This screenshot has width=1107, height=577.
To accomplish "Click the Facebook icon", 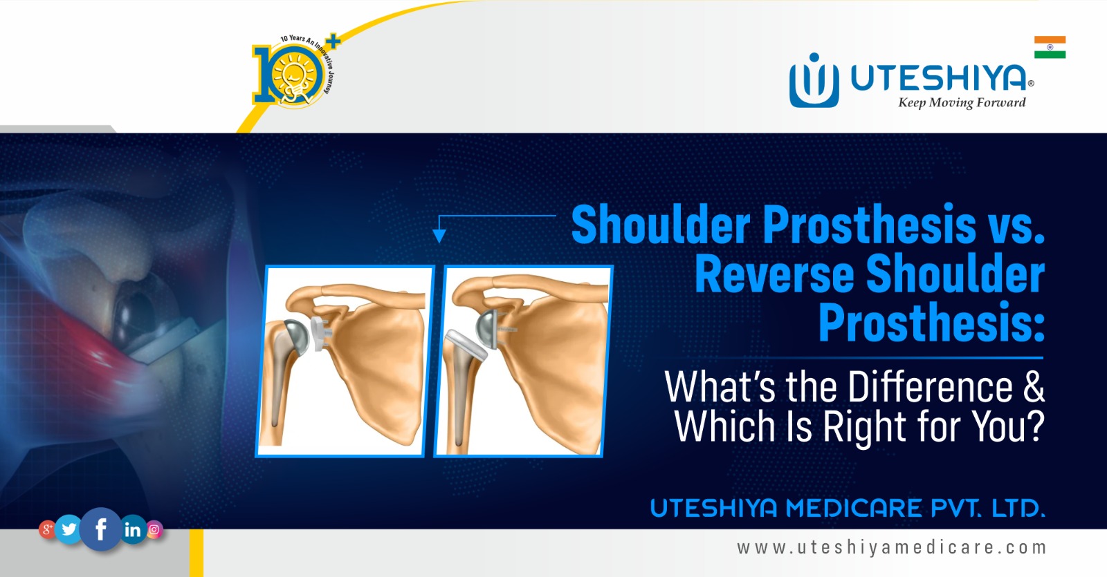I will tap(101, 529).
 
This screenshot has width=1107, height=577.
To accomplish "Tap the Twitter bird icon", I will tap(69, 529).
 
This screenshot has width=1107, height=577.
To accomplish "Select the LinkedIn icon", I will tap(132, 530).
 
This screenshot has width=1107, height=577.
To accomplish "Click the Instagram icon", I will tap(154, 530).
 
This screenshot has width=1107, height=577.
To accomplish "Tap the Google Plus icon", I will tap(47, 530).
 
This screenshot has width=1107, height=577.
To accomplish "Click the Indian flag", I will tap(1050, 47).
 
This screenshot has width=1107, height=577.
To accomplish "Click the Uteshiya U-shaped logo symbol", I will tap(814, 81).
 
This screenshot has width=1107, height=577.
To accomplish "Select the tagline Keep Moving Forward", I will tap(962, 103).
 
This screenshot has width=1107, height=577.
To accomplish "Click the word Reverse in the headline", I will tap(774, 274).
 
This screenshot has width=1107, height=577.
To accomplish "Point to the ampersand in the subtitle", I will tap(1034, 387).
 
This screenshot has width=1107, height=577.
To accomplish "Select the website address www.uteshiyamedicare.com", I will tap(891, 548).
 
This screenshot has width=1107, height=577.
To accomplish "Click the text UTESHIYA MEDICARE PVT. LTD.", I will tap(847, 509).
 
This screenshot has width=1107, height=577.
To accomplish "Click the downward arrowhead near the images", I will tap(439, 236).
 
